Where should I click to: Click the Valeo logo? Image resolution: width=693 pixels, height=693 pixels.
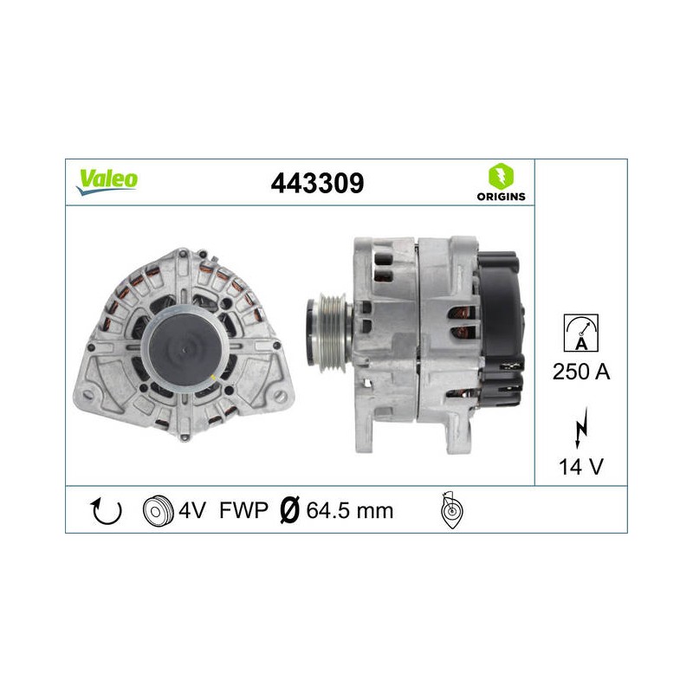(x=107, y=182)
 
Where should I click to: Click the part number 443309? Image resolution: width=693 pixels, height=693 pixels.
(x=317, y=183)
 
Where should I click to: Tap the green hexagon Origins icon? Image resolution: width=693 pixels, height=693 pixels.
(x=501, y=177)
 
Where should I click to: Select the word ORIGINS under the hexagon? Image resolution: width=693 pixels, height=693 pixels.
(x=502, y=197)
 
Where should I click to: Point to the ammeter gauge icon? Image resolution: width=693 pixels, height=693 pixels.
(x=580, y=333)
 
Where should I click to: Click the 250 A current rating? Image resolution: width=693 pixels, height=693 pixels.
(x=580, y=372)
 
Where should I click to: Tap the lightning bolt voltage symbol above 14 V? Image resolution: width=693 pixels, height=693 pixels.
(x=581, y=428)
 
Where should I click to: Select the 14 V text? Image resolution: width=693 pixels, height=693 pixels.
(x=580, y=467)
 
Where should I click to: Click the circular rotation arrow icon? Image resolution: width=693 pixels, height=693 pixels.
(x=106, y=511)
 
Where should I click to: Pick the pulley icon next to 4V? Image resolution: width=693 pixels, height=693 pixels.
(x=158, y=510)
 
